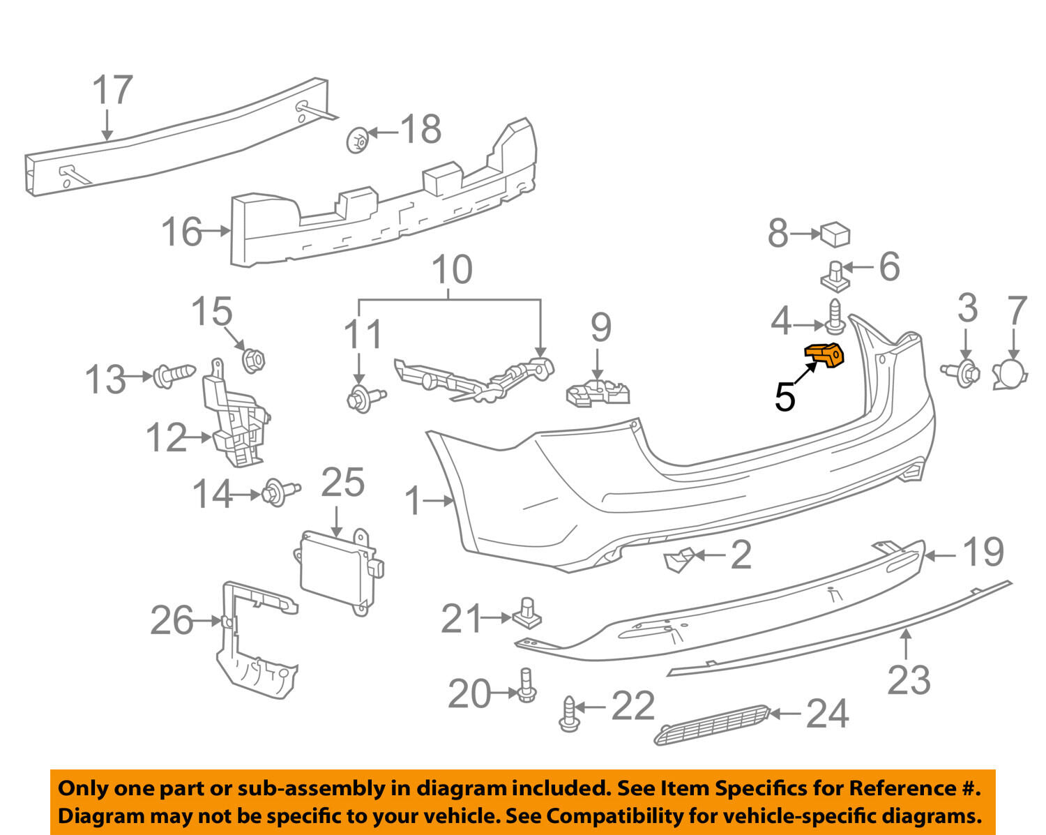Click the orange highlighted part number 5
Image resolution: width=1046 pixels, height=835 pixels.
(825, 355)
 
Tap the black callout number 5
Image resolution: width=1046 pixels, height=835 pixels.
(785, 397)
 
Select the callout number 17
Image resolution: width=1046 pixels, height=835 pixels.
(112, 90)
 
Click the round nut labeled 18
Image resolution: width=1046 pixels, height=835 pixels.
(358, 140)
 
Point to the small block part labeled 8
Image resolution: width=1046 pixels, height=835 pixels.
(835, 235)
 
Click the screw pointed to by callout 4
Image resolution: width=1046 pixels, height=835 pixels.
(834, 317)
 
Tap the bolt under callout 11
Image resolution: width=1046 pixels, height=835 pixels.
(365, 398)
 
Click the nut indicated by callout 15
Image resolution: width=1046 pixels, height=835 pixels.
(253, 361)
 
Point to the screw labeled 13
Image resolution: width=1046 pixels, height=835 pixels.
(174, 376)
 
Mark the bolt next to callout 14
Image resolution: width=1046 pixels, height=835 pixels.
(280, 492)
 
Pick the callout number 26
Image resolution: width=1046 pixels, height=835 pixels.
(172, 620)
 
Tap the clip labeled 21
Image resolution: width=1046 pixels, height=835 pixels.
(527, 613)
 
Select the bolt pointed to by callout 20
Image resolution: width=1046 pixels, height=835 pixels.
(526, 685)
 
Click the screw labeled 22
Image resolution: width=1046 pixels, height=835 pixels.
(569, 714)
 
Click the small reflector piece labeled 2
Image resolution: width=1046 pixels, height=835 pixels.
(679, 559)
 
